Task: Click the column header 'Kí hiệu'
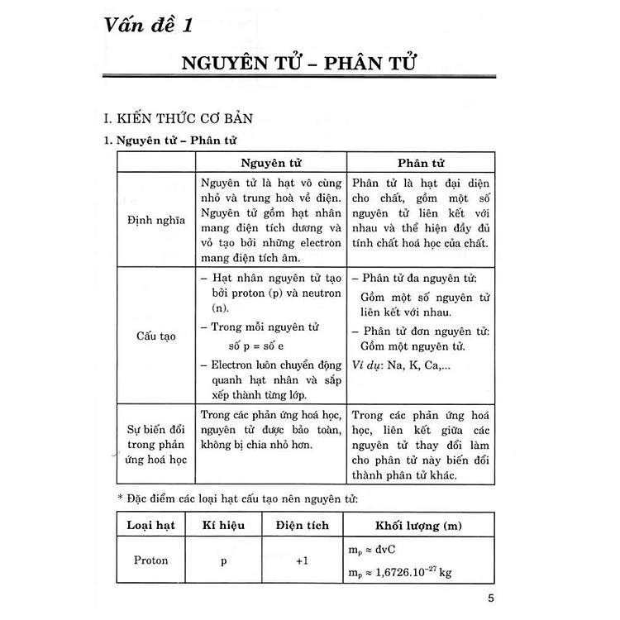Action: point(224,526)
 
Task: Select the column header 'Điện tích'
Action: point(302,526)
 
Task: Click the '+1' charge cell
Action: point(302,560)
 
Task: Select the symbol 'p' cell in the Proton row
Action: point(224,560)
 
